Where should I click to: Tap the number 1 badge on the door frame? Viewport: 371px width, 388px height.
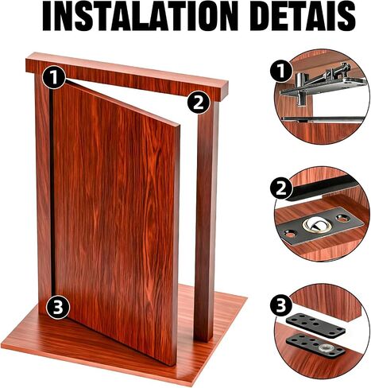[x=54, y=77]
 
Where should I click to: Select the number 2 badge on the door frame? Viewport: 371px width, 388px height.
[x=199, y=103]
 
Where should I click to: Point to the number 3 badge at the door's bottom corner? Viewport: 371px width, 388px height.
[x=58, y=308]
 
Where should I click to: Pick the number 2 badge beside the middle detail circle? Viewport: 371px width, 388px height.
[x=281, y=189]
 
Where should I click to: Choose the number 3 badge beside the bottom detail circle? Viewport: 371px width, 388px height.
[x=281, y=305]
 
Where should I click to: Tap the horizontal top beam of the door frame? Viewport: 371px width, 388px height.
[x=127, y=77]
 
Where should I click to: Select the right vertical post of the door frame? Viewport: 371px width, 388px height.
[x=207, y=220]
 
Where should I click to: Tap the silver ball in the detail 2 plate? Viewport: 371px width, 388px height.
[x=316, y=225]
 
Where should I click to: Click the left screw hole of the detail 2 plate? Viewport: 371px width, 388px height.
[x=290, y=235]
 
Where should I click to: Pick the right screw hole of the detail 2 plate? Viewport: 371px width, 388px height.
[x=342, y=218]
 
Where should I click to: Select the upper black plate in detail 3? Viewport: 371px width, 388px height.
[x=315, y=325]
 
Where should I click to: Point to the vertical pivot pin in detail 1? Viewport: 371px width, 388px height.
[x=300, y=90]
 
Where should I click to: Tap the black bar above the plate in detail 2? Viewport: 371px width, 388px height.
[x=324, y=188]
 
